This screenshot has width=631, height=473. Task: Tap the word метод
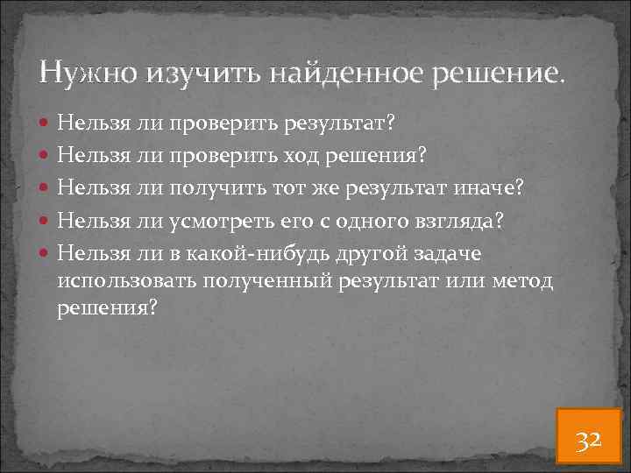[528, 280]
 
